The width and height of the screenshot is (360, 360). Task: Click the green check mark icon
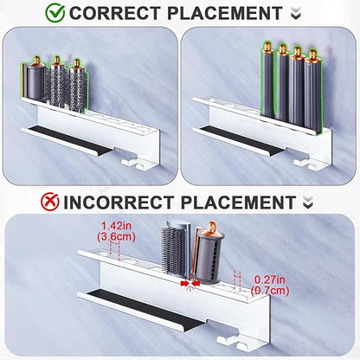tap(55, 13)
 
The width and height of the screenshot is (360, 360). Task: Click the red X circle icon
tap(49, 202)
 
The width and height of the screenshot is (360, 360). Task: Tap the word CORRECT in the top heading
tap(115, 13)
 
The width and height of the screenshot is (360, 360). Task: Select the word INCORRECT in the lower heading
tap(118, 202)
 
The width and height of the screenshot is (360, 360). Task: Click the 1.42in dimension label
tap(116, 226)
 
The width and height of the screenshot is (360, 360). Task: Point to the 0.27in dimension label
tap(270, 280)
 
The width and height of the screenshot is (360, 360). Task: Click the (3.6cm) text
tap(116, 236)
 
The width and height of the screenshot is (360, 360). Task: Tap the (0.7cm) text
tap(270, 290)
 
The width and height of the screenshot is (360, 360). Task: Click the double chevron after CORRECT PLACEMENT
tap(296, 13)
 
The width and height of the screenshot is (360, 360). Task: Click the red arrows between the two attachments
tap(190, 284)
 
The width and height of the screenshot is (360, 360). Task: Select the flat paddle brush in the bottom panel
tap(174, 248)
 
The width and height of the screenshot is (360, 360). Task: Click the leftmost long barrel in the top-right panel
tap(268, 80)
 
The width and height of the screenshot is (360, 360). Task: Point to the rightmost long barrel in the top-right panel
tap(313, 91)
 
